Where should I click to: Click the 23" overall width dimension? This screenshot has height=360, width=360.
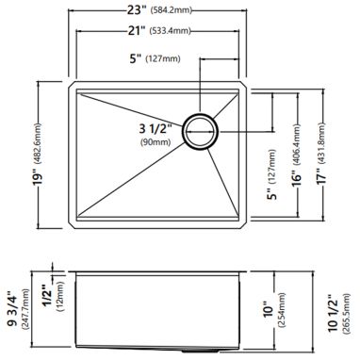[137, 10]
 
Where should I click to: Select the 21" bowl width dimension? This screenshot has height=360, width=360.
[137, 31]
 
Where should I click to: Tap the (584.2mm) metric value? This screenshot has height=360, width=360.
[171, 10]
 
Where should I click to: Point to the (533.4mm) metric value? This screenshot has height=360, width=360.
[171, 31]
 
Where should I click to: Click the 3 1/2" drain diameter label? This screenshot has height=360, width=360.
[155, 128]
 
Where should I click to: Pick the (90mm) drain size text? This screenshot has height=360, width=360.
[155, 141]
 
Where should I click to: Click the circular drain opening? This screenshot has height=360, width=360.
[201, 131]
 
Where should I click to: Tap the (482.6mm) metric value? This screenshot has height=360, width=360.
[39, 143]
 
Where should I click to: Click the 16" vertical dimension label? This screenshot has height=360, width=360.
[296, 178]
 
